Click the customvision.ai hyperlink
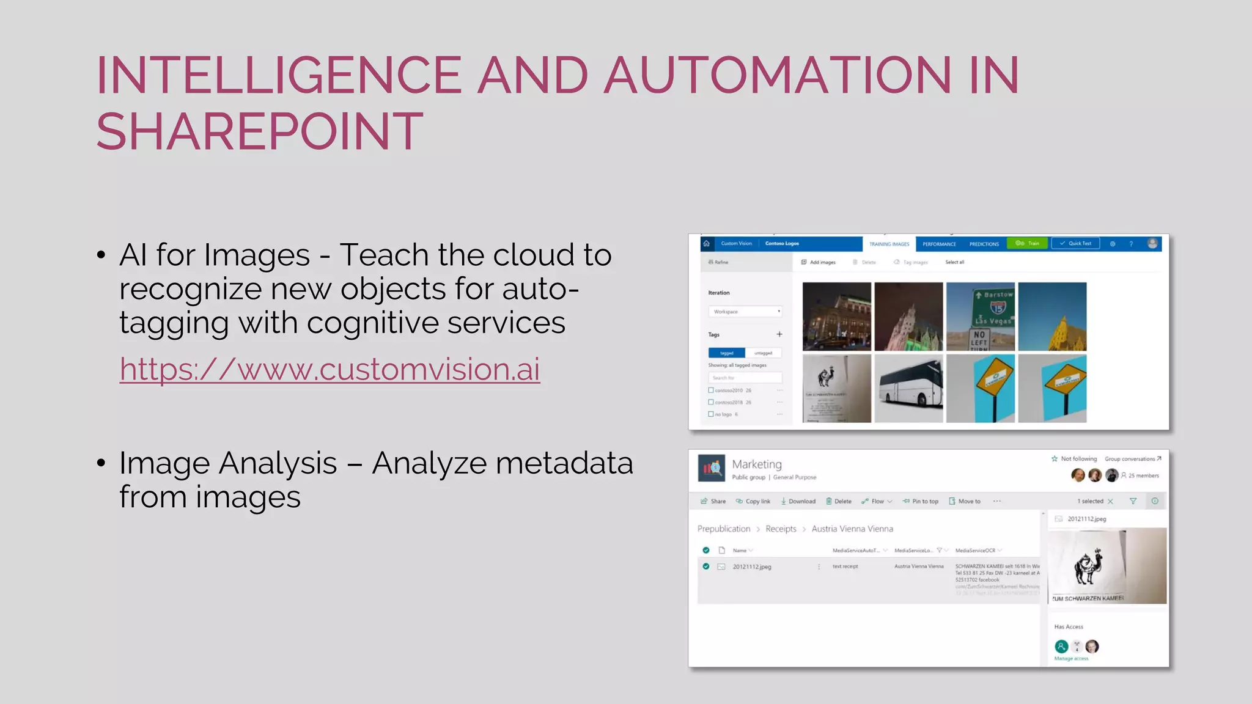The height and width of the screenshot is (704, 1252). (330, 369)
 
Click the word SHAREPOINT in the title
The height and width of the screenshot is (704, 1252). (259, 131)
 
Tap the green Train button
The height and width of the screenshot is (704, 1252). (1028, 243)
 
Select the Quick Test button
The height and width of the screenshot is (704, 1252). (1075, 243)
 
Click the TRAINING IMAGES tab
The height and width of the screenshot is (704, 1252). (889, 244)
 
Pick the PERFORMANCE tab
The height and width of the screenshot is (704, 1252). (939, 244)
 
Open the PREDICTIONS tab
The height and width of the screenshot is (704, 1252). (984, 244)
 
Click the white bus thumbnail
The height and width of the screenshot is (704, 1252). (908, 389)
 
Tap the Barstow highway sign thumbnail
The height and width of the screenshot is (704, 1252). (980, 316)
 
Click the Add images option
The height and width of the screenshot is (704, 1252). (819, 262)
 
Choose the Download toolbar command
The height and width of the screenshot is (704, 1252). (798, 501)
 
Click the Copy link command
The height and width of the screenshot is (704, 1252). (753, 501)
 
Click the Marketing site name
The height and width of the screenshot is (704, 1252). (757, 464)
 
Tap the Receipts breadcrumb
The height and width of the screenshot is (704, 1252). (781, 529)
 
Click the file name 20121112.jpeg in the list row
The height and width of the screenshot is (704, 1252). (752, 566)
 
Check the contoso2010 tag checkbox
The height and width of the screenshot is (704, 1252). (711, 390)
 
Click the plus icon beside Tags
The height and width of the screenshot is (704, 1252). (779, 334)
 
